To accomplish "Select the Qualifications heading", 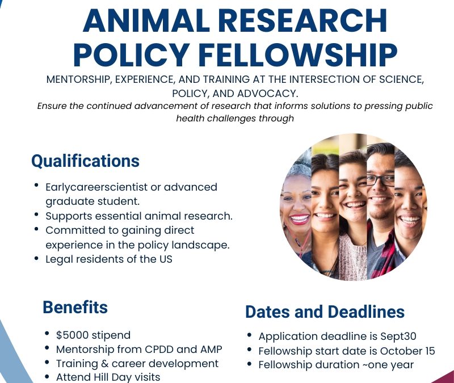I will pyautogui.click(x=85, y=161).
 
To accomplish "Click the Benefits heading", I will pyautogui.click(x=75, y=308).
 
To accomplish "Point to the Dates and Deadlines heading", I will pyautogui.click(x=325, y=312).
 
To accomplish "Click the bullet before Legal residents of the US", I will pyautogui.click(x=36, y=258).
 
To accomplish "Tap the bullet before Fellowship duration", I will pyautogui.click(x=250, y=364).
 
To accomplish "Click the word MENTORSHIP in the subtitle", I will pyautogui.click(x=78, y=79).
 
